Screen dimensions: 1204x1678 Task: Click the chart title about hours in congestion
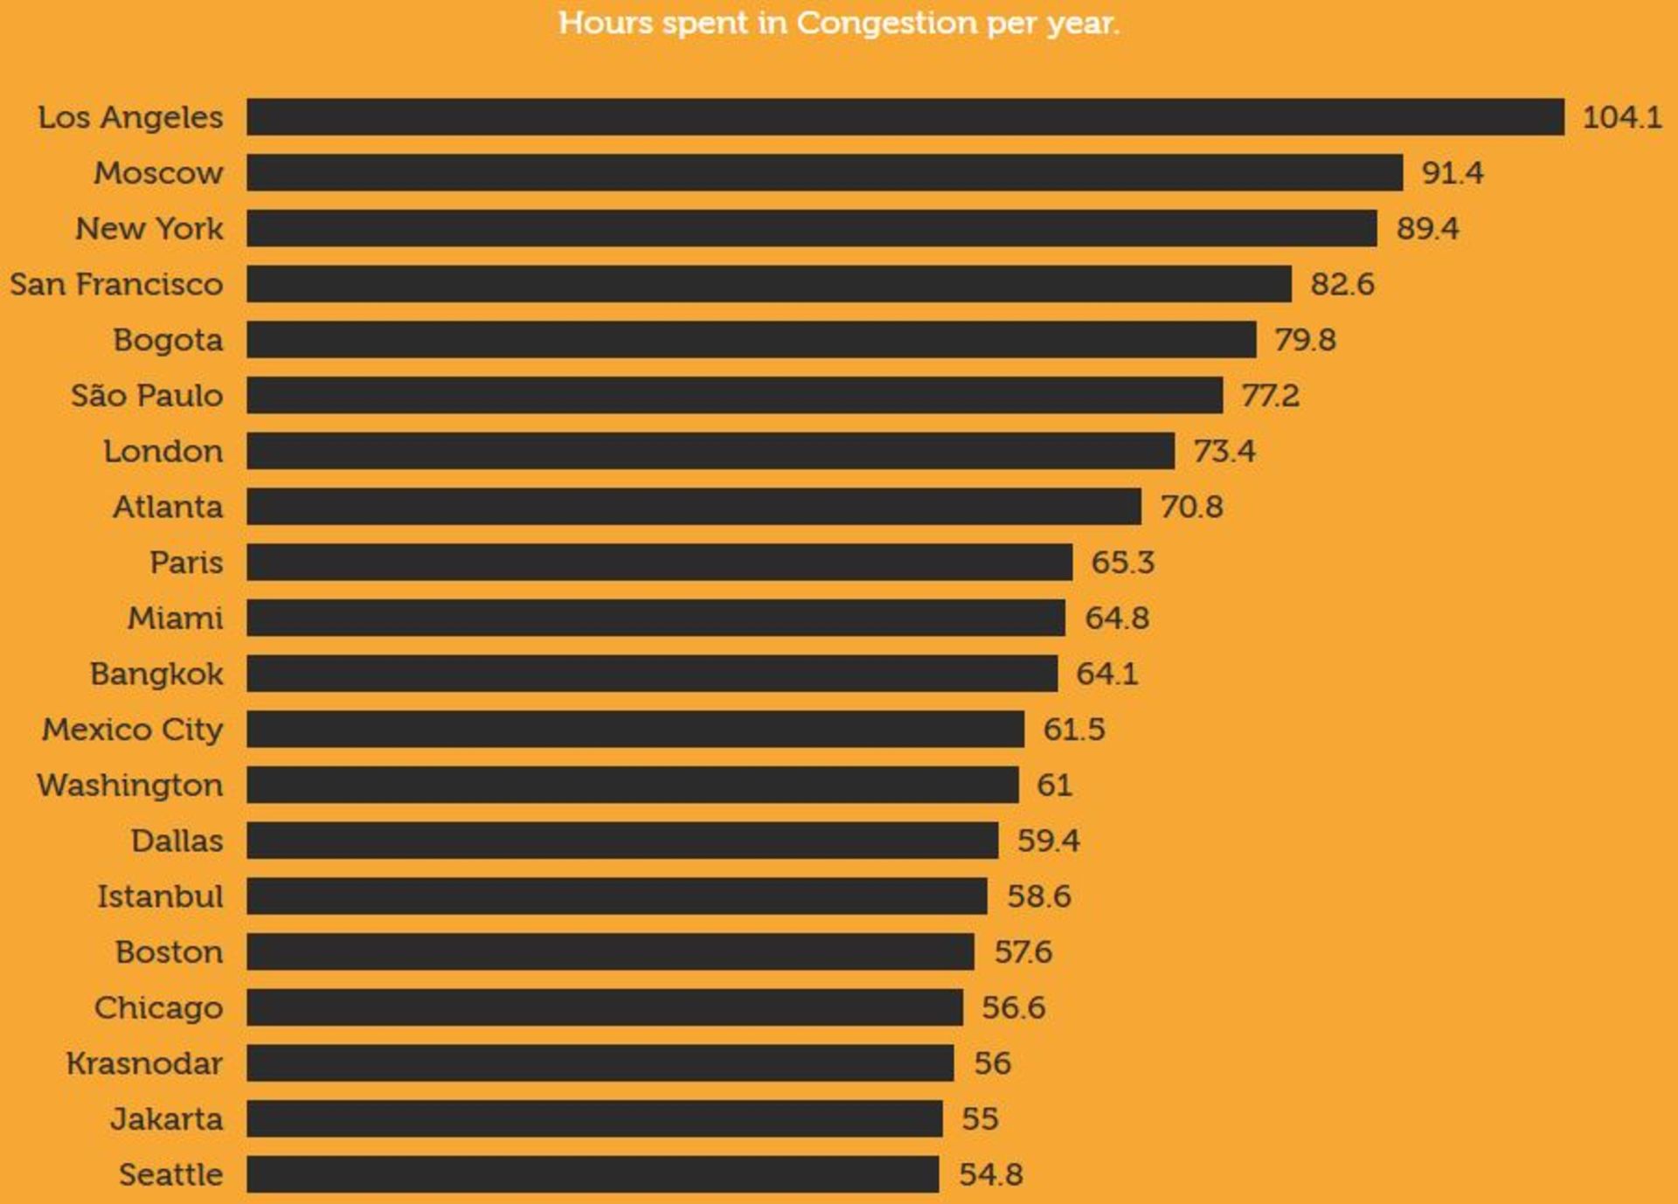click(x=839, y=23)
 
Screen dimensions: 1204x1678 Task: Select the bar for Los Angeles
click(x=905, y=117)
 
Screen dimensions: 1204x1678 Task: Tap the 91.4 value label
click(x=1452, y=173)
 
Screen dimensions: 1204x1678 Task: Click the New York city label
click(x=149, y=229)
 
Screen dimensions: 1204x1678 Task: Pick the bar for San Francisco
click(x=768, y=284)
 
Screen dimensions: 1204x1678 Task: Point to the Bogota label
click(x=168, y=340)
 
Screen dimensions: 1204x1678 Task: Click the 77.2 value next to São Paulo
click(x=1270, y=396)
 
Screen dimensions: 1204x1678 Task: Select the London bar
click(x=710, y=452)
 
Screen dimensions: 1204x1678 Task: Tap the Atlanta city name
click(x=168, y=507)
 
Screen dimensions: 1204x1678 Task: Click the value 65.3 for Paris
click(x=1122, y=563)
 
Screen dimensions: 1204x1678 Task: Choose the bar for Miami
click(x=655, y=618)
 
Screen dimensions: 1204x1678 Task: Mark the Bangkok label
click(x=156, y=674)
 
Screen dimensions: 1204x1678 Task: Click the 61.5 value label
click(x=1073, y=730)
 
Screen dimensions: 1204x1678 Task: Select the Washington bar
click(x=632, y=785)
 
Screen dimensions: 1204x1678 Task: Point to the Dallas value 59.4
click(x=1048, y=841)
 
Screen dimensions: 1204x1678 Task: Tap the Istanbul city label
click(x=160, y=896)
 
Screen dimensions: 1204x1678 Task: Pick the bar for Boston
click(x=610, y=951)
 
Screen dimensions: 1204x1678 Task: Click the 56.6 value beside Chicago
click(x=1013, y=1007)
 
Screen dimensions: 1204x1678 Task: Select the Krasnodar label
click(x=144, y=1063)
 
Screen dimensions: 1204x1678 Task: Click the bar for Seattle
click(x=593, y=1174)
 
